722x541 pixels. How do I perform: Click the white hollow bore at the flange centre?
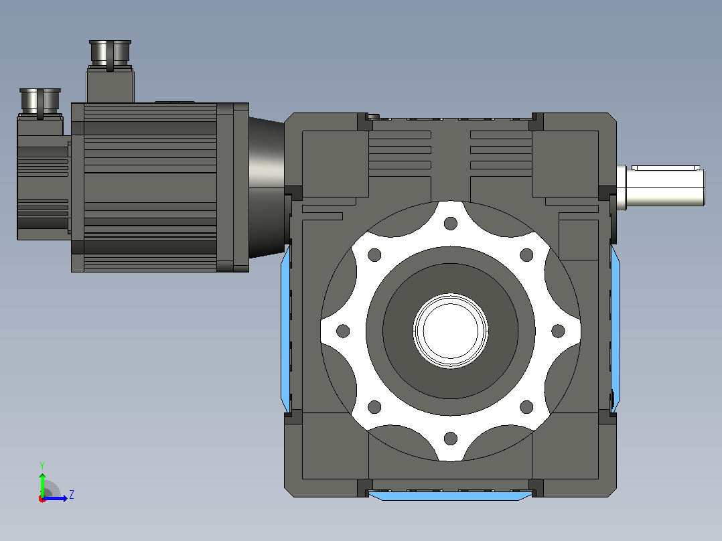coord(450,331)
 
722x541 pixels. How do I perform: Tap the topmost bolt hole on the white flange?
coord(450,224)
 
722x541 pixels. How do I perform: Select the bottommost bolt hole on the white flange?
coord(450,439)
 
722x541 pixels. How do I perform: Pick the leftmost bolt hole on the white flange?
coord(343,331)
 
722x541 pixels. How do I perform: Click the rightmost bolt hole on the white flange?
coord(558,331)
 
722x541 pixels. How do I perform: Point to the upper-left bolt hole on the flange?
coord(374,254)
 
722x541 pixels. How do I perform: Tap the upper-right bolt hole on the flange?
coord(526,254)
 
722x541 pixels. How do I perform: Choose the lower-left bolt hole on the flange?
coord(374,407)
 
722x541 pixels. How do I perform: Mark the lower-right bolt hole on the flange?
coord(526,407)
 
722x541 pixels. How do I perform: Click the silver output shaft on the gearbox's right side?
coord(661,186)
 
